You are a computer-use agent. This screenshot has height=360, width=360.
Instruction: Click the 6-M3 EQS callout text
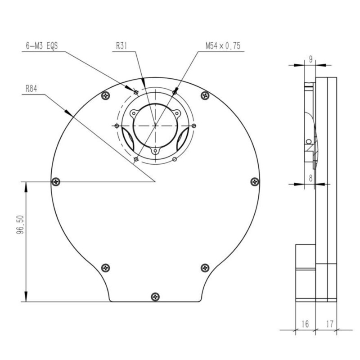[x=43, y=46]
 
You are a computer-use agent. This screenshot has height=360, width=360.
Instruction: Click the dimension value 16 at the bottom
[x=305, y=323]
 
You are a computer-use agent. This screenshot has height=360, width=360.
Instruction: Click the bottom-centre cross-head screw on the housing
[x=155, y=296]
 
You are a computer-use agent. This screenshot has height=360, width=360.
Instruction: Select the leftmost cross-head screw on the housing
[x=56, y=181]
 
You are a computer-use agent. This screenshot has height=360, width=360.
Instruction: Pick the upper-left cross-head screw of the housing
[x=106, y=95]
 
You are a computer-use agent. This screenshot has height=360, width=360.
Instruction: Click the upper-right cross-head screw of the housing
[x=205, y=95]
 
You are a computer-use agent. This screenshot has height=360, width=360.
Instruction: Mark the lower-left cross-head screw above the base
[x=106, y=267]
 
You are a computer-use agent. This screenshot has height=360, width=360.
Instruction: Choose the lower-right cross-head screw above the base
[x=205, y=267]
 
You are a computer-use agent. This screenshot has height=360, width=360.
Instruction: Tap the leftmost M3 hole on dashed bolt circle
[x=117, y=125]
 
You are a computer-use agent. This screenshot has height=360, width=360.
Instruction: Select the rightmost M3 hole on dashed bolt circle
[x=193, y=125]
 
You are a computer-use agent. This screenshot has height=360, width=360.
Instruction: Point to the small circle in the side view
[x=308, y=142]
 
